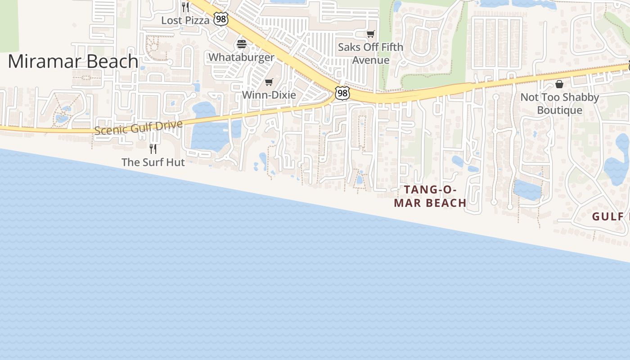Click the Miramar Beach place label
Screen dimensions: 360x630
tap(73, 61)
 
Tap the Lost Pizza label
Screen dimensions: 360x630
tap(185, 20)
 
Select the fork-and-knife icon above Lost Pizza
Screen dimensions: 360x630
tap(185, 7)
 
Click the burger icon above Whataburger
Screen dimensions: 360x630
tap(242, 44)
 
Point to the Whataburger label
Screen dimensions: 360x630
tap(241, 57)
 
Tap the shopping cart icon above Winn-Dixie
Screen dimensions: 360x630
tap(269, 82)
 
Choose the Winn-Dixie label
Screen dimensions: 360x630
tap(269, 95)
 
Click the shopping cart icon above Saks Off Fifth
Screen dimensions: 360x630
tap(370, 34)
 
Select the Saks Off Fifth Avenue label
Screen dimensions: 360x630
tap(370, 53)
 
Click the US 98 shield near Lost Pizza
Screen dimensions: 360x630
tap(221, 19)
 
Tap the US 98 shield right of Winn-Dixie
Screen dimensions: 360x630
tap(342, 93)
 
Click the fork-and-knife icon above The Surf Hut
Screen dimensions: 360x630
tap(153, 148)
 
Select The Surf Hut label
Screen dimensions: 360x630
tap(153, 162)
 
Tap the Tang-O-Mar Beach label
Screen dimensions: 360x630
tap(430, 196)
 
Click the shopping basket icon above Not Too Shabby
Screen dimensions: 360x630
tap(559, 84)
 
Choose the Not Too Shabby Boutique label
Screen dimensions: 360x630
tap(559, 103)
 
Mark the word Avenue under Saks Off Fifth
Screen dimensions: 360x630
tap(370, 60)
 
